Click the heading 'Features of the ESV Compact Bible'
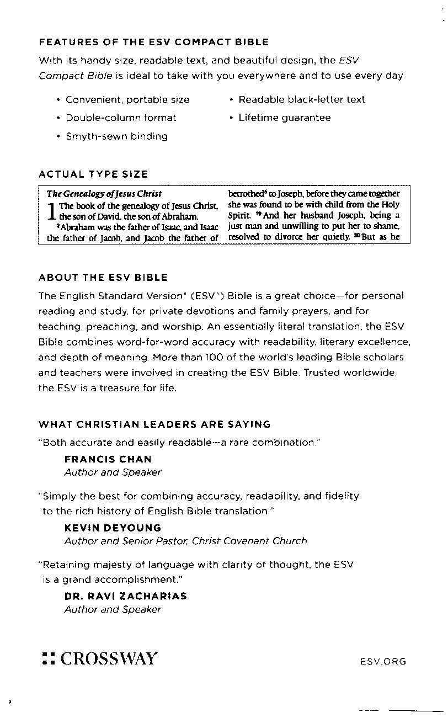click(153, 42)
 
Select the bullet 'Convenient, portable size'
click(127, 100)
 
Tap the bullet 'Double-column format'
click(121, 118)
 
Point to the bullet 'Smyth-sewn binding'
click(116, 136)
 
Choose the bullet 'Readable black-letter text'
click(302, 99)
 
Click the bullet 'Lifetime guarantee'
click(284, 118)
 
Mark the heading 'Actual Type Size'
click(93, 174)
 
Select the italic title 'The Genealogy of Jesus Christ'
click(104, 194)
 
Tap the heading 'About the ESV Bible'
click(103, 277)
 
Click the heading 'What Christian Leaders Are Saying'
click(154, 424)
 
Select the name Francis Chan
click(108, 459)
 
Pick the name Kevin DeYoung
click(113, 528)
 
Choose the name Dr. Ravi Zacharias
click(125, 596)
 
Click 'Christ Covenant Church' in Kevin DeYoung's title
click(249, 541)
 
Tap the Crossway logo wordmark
click(109, 658)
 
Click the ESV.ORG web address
click(382, 661)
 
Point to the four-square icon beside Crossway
click(48, 659)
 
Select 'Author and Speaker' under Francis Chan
click(113, 472)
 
